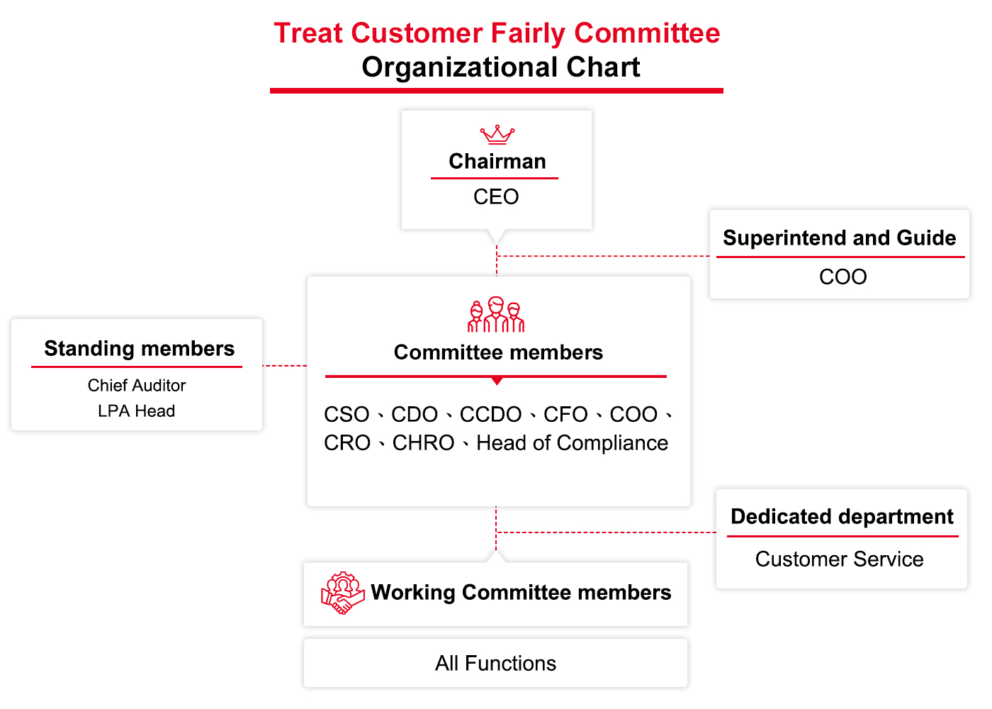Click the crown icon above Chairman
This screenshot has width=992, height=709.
(x=497, y=134)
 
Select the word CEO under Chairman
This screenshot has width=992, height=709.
(x=496, y=197)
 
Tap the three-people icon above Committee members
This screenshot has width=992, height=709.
(x=496, y=314)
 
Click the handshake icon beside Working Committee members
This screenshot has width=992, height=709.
(x=342, y=593)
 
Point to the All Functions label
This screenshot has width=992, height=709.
(x=495, y=664)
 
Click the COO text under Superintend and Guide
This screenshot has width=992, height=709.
(x=842, y=277)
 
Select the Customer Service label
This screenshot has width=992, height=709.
(x=839, y=559)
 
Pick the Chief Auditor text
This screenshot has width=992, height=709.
(x=136, y=386)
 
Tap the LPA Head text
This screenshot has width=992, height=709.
(x=136, y=411)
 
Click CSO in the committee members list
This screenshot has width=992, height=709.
(x=346, y=415)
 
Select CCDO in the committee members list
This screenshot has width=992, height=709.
(x=490, y=415)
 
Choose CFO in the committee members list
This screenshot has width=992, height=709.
(x=565, y=415)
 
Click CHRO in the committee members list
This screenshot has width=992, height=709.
(x=424, y=443)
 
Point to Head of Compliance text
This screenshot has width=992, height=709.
(x=573, y=443)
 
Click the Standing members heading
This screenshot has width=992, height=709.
(x=139, y=349)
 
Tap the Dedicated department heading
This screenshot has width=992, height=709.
(x=842, y=517)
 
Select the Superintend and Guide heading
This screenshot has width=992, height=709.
(x=839, y=238)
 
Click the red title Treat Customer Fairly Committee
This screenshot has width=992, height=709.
(x=497, y=33)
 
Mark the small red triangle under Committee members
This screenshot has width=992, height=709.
(x=497, y=381)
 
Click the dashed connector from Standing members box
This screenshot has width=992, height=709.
(x=284, y=366)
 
